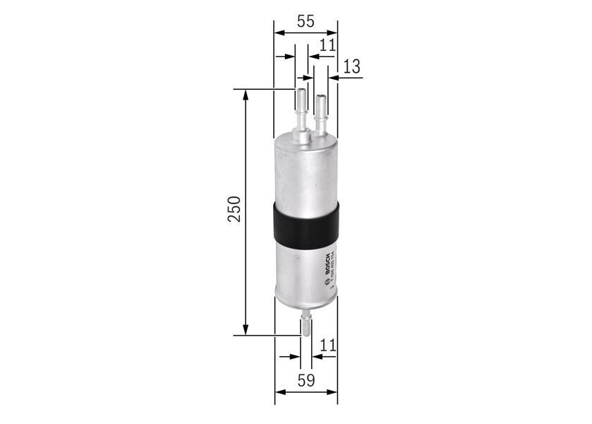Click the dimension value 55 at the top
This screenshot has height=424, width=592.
[305, 21]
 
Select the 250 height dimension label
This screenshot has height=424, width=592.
[234, 210]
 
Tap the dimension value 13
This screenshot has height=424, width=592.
[351, 66]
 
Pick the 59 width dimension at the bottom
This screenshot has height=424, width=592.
[305, 381]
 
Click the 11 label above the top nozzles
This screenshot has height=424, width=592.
[327, 45]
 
